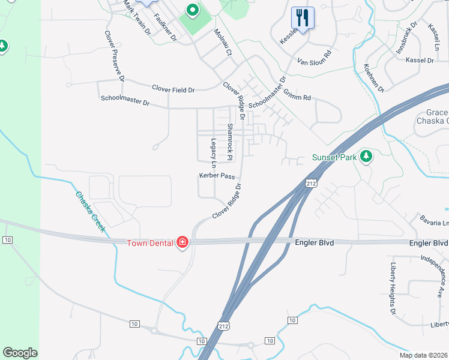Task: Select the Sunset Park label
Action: tap(334, 158)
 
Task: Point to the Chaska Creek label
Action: tap(91, 211)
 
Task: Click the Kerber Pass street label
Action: tap(217, 176)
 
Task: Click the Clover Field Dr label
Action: tap(173, 89)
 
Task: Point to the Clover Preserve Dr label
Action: tap(114, 56)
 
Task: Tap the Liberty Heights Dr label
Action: tap(393, 289)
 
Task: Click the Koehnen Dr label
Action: tap(373, 78)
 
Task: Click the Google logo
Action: tap(20, 353)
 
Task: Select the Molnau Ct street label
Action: tap(220, 43)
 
